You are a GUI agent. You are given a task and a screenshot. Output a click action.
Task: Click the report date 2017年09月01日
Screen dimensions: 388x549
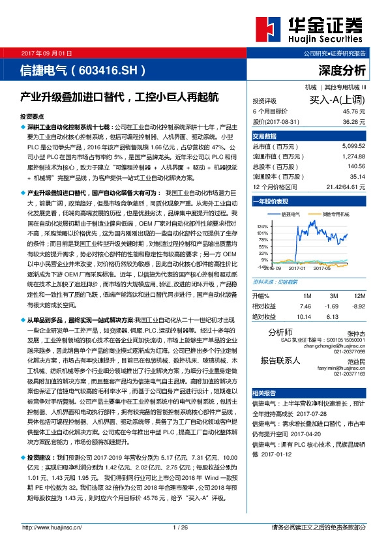click(x=46, y=52)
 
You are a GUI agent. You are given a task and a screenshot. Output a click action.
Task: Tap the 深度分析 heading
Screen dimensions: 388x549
click(x=342, y=70)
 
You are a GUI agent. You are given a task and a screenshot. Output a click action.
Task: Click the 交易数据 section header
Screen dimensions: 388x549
click(x=265, y=136)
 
